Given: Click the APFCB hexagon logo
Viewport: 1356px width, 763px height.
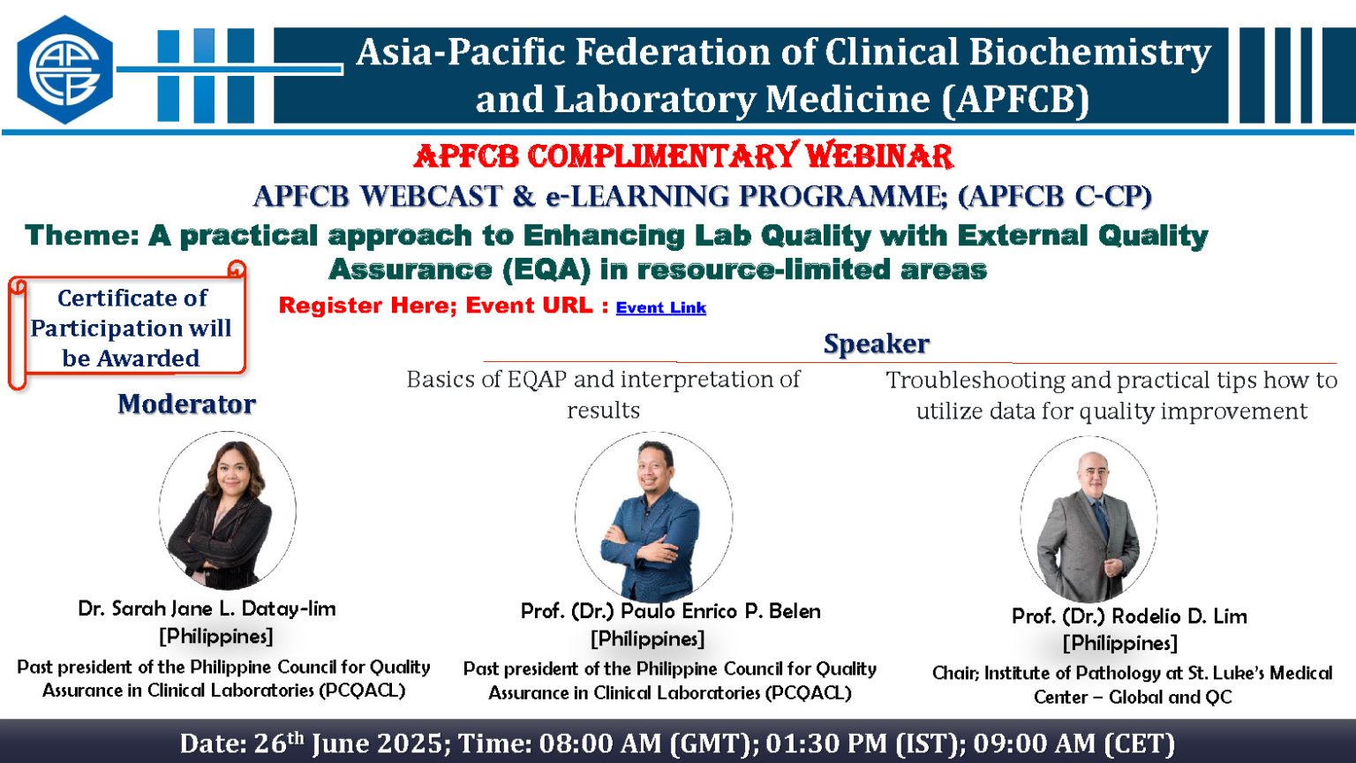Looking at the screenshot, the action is click(64, 70).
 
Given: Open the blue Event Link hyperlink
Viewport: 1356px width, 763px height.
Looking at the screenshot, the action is click(661, 307).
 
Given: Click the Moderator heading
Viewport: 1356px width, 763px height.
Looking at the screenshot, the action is click(186, 404).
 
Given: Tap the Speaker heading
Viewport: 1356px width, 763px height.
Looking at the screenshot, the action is click(876, 344).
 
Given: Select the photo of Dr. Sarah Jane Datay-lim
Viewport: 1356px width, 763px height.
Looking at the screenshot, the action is click(227, 510).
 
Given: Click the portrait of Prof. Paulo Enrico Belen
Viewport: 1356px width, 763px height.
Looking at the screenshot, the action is click(653, 517).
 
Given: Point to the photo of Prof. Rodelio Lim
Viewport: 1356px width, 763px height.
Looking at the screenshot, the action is click(1088, 518).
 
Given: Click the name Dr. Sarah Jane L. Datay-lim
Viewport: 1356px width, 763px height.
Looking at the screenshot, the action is click(207, 608).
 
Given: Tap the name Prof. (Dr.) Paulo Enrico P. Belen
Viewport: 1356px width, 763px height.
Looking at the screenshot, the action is click(671, 611).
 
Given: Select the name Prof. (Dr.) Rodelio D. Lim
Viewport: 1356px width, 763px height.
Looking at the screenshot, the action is click(1130, 616).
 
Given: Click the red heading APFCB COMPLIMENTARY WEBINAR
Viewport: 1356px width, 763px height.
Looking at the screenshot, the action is click(683, 156).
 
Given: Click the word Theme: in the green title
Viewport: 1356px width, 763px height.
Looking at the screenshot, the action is click(82, 235).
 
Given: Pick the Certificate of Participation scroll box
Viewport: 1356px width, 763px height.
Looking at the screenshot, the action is click(127, 325).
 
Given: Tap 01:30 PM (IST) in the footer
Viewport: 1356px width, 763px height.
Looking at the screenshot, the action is click(864, 744).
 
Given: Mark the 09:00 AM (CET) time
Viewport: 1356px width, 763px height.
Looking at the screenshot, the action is click(1073, 744).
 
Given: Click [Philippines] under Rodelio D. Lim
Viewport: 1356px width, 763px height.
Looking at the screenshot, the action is click(1120, 643).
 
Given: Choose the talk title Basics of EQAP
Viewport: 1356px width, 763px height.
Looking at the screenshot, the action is click(603, 394).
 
